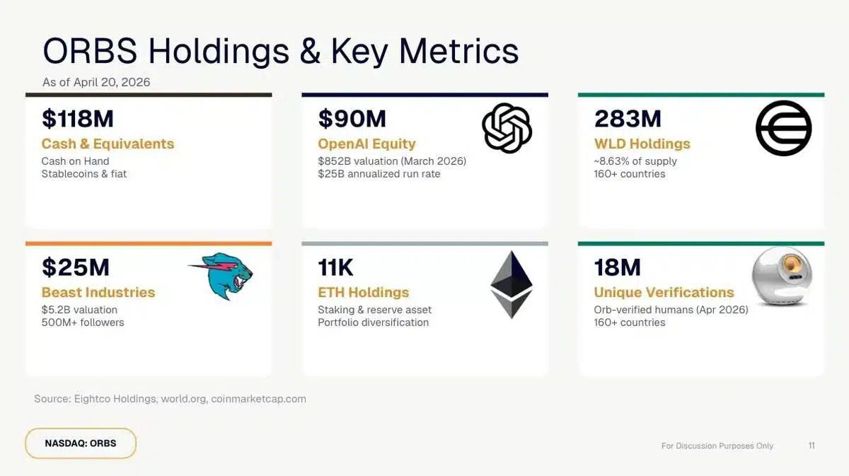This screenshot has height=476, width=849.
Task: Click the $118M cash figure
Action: tap(77, 119)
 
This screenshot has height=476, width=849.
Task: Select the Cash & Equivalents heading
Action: tap(108, 144)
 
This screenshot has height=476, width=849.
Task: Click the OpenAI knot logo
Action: tap(507, 128)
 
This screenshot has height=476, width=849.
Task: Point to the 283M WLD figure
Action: tap(628, 119)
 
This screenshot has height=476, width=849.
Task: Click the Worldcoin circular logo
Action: tap(783, 128)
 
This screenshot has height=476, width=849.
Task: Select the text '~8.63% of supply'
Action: tap(635, 161)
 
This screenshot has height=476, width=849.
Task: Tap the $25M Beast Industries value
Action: tap(75, 267)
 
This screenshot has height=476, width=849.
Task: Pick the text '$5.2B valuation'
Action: tap(79, 309)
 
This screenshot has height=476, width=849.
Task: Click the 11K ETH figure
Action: tap(335, 267)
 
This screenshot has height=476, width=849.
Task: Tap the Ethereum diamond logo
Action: tap(512, 284)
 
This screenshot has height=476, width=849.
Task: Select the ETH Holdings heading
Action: tap(363, 292)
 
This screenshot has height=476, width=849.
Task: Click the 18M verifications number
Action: tap(617, 267)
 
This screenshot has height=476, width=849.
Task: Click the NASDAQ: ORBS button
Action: tap(81, 443)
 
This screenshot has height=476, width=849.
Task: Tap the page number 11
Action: tap(812, 446)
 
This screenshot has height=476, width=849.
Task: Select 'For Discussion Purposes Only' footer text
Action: tap(717, 446)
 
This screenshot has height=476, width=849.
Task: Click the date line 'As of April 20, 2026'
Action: tap(96, 82)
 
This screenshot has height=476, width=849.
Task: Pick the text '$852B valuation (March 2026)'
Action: tap(392, 161)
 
